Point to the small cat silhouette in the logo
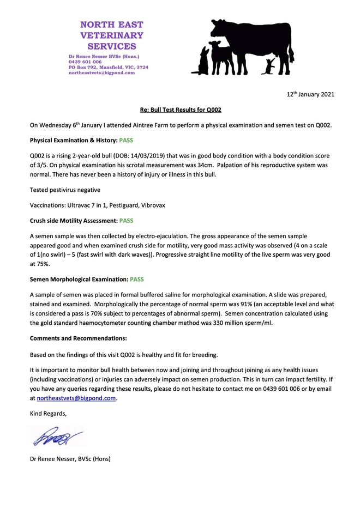pos(269,67)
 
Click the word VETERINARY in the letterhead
pos(112,35)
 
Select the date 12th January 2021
pos(310,94)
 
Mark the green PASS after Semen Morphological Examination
pos(136,279)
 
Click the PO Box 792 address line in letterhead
pos(108,67)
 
